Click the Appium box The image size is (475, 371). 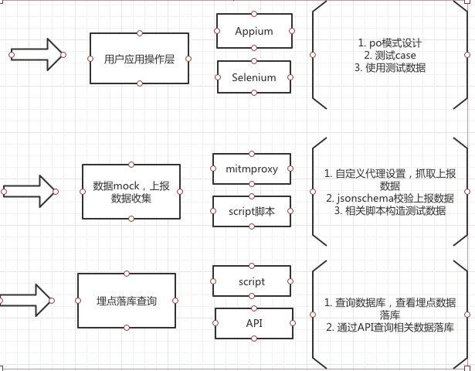(253, 32)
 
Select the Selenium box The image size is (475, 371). (253, 77)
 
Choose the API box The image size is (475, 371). (253, 322)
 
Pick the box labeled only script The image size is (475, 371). (251, 282)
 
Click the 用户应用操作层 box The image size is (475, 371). (139, 58)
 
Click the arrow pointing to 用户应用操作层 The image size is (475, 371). (37, 55)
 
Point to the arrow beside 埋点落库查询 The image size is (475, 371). (28, 298)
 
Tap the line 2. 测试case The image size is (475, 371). (390, 55)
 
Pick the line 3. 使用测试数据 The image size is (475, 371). (390, 68)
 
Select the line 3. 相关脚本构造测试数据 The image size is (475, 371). (390, 211)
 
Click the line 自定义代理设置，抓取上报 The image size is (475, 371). (390, 173)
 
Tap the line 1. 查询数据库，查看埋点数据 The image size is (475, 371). (390, 302)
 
